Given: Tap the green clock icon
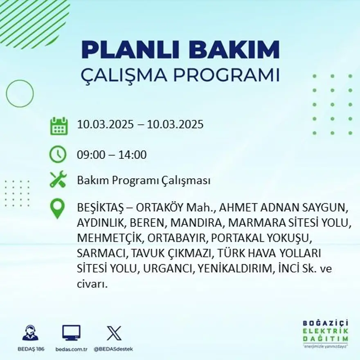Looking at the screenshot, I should (58, 154).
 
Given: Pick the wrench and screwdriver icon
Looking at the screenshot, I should (58, 180).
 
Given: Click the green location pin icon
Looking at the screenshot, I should (57, 208).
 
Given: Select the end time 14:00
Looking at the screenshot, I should (133, 155).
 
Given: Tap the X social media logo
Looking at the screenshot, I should (114, 333).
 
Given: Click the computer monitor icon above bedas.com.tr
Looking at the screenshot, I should (71, 333).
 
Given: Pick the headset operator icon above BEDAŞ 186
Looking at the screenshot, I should (30, 333).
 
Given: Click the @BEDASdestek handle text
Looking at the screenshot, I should (113, 349).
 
